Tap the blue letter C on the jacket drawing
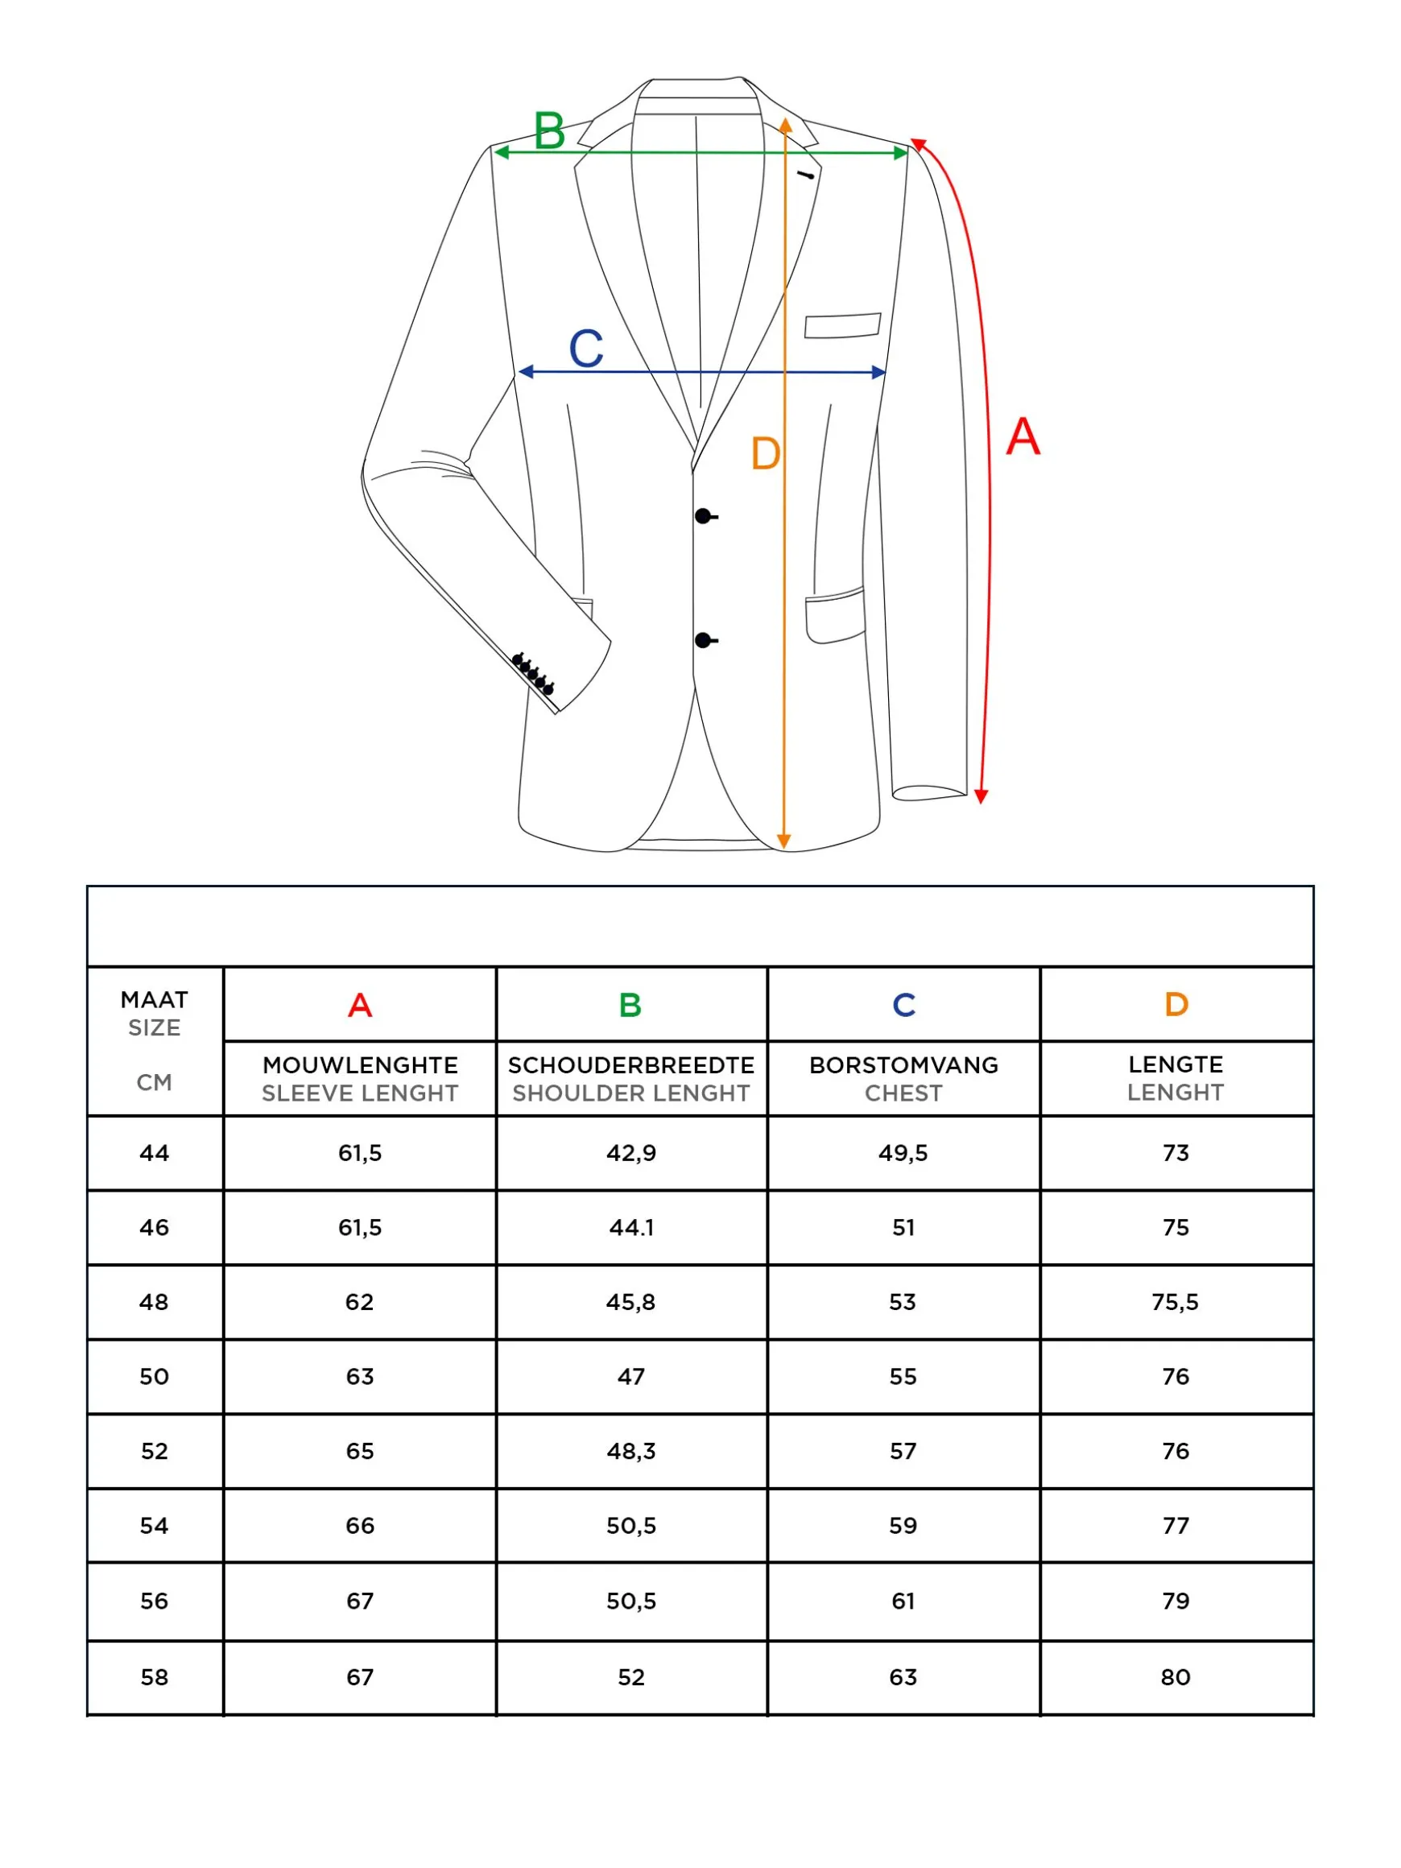586,348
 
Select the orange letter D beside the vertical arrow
765,453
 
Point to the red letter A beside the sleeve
1023,436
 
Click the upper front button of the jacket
703,516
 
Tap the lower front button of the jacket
703,640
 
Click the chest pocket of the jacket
842,325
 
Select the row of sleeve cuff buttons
533,674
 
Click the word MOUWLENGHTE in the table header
360,1065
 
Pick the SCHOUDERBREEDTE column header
630,1065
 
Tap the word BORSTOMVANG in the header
903,1065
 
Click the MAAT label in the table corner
154,1000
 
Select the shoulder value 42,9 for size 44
630,1153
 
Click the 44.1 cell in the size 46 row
630,1227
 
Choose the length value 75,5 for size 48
1175,1301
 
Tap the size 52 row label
154,1451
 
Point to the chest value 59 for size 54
903,1525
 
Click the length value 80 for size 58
1175,1676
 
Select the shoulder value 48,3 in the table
630,1451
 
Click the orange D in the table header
1176,1004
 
